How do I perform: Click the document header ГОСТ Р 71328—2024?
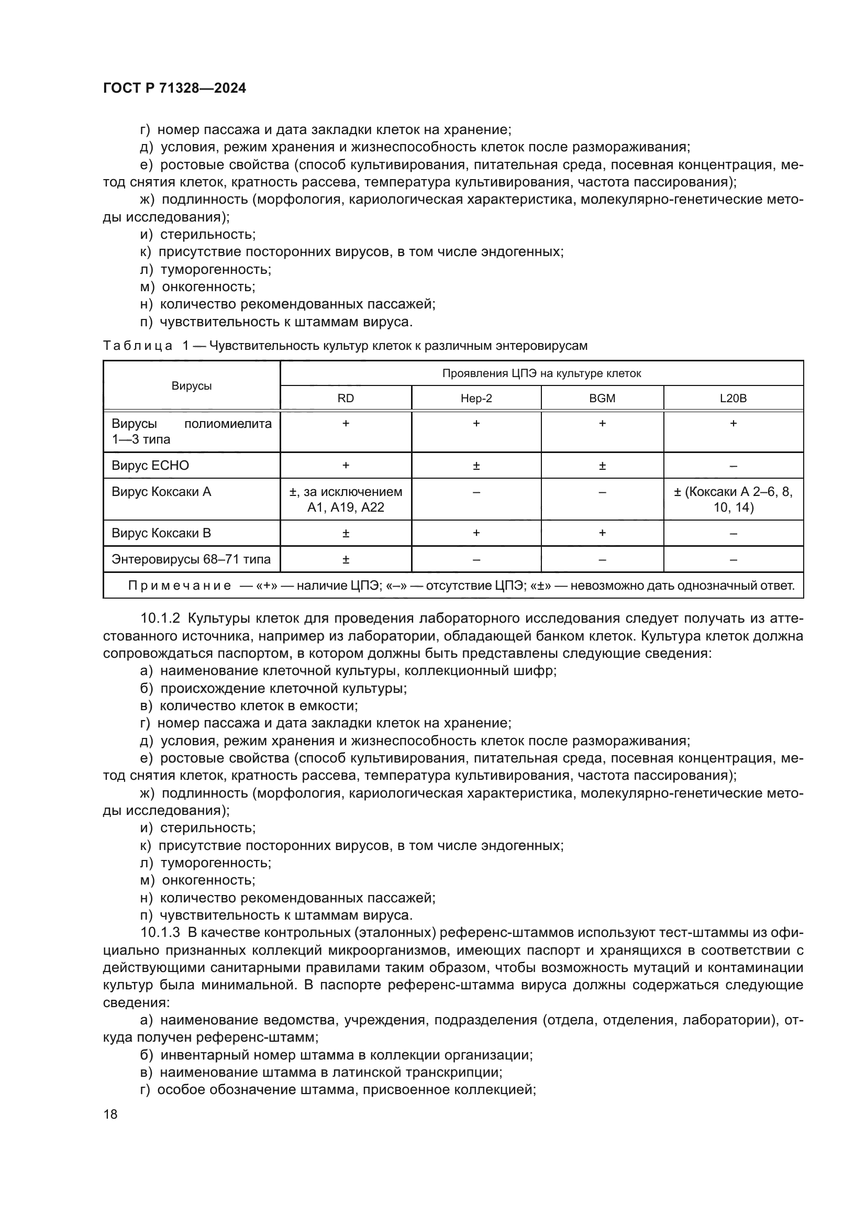click(x=174, y=89)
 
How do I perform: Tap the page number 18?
click(x=110, y=1114)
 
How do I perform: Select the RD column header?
click(x=346, y=398)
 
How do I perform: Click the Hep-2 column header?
click(x=476, y=398)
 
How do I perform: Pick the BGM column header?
click(x=602, y=398)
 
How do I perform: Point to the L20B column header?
click(x=733, y=398)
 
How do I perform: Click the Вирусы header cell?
click(x=192, y=386)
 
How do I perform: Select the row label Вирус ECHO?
click(x=150, y=465)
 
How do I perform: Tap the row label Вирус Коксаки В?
click(x=161, y=533)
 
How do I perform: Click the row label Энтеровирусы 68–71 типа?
click(x=191, y=559)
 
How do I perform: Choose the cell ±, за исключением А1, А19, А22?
click(x=346, y=499)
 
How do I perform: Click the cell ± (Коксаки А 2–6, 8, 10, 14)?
click(x=733, y=499)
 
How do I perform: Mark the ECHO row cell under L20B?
click(x=733, y=466)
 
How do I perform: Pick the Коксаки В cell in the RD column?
click(x=346, y=533)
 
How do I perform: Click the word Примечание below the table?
click(x=180, y=586)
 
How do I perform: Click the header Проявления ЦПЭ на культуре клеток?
click(x=541, y=373)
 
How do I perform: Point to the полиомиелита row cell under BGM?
click(x=602, y=424)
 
